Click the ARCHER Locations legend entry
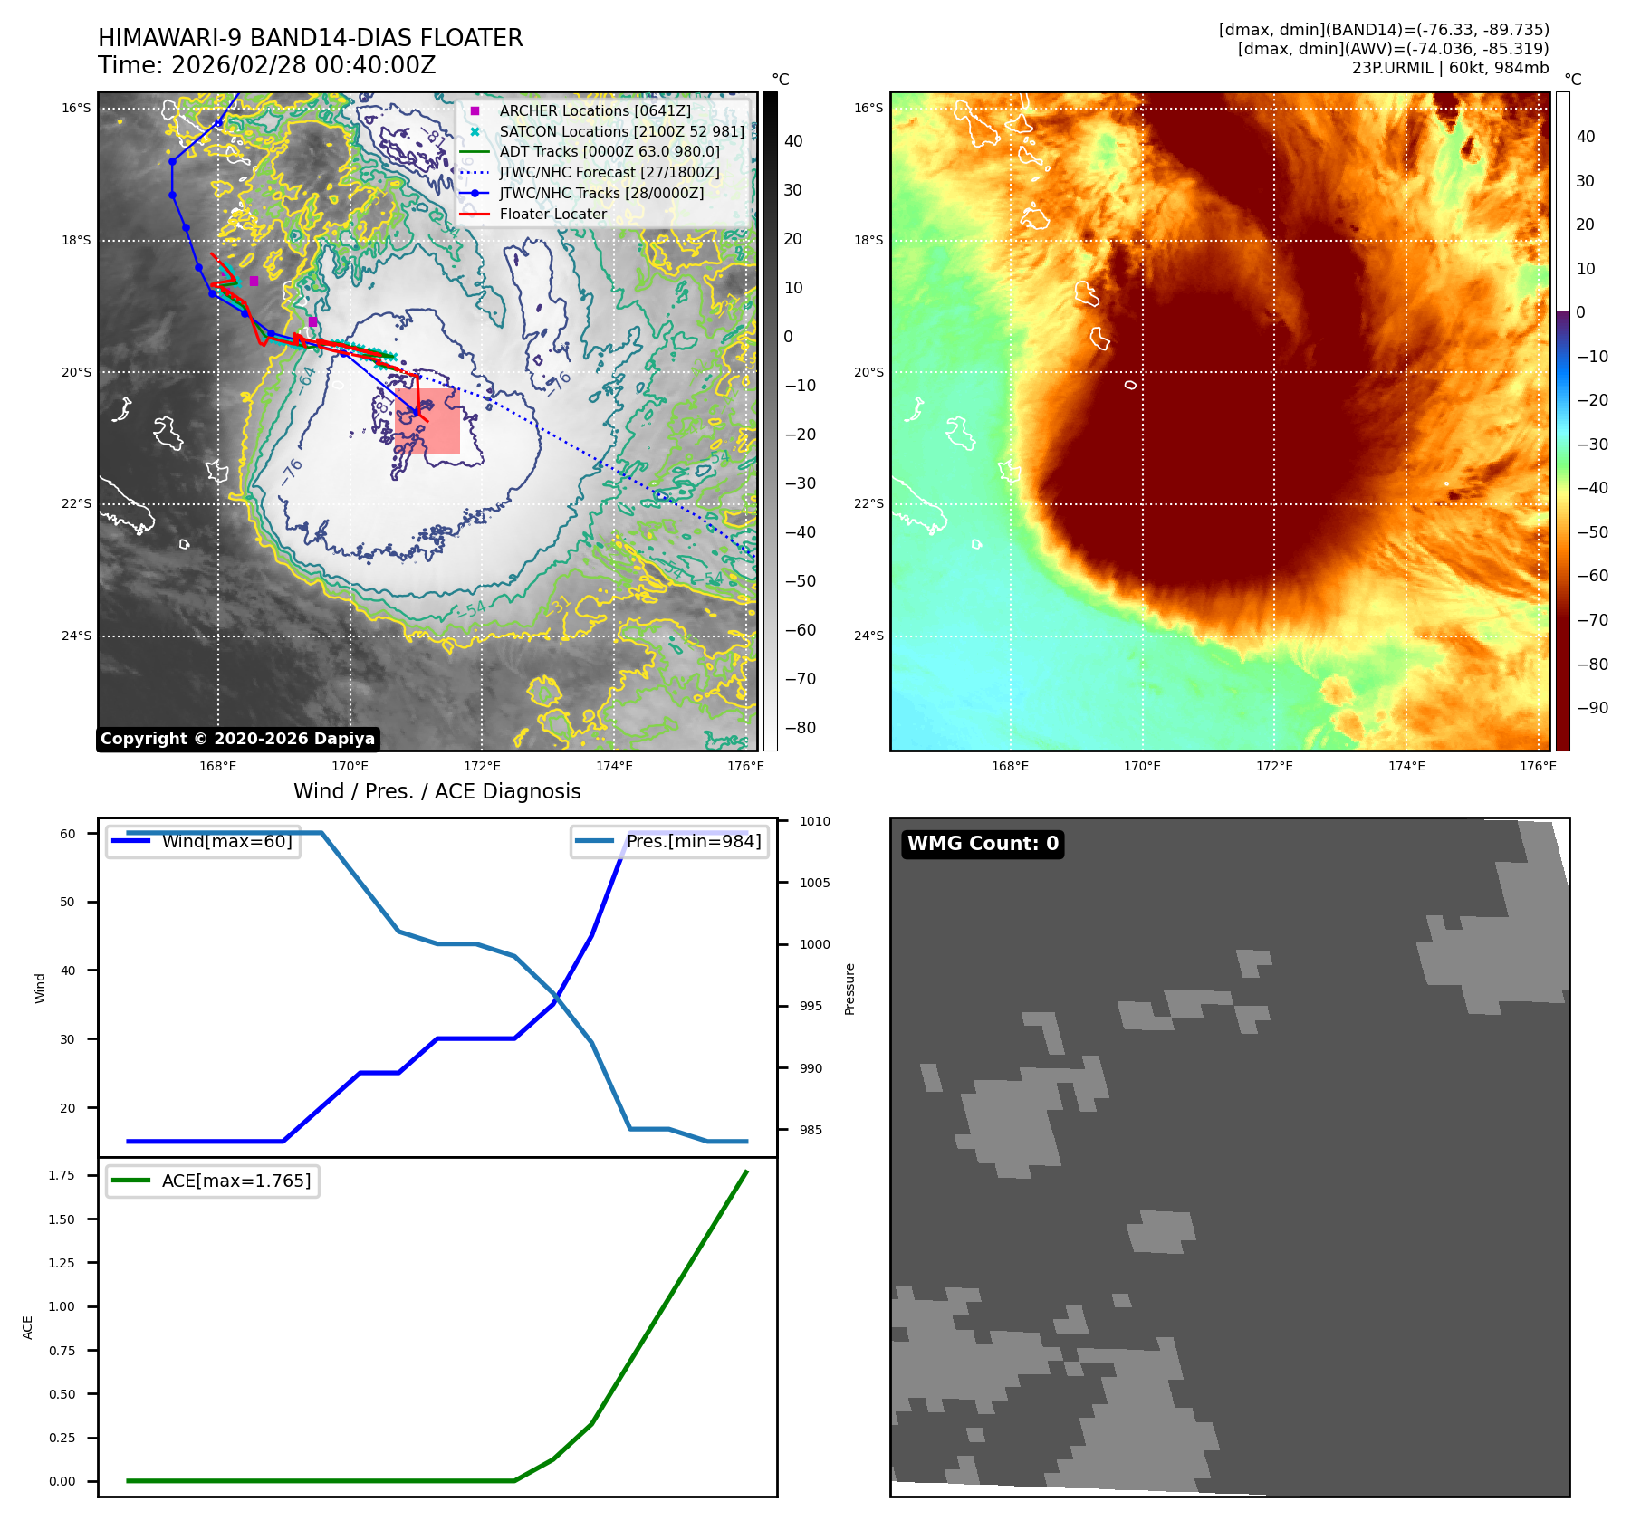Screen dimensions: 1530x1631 pyautogui.click(x=594, y=110)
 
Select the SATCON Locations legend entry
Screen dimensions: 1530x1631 pyautogui.click(x=621, y=131)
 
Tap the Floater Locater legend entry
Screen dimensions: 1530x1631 pyautogui.click(x=552, y=215)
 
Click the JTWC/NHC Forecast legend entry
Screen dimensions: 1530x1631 pyautogui.click(x=609, y=173)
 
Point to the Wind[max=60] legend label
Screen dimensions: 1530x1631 pyautogui.click(x=226, y=841)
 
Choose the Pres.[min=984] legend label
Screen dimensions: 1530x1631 pyautogui.click(x=693, y=841)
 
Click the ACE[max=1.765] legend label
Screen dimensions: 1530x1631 pyautogui.click(x=235, y=1181)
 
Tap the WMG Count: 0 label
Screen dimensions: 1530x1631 pyautogui.click(x=983, y=844)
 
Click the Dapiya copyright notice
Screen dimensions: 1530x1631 pyautogui.click(x=237, y=739)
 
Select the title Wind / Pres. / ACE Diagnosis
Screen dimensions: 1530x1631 pyautogui.click(x=437, y=791)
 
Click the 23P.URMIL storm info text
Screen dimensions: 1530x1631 pyautogui.click(x=1450, y=68)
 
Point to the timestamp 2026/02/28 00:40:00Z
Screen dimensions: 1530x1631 pyautogui.click(x=303, y=66)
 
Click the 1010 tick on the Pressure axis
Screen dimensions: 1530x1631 pyautogui.click(x=814, y=822)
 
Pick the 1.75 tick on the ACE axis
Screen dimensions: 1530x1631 pyautogui.click(x=62, y=1176)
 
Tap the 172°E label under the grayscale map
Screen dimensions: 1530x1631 pyautogui.click(x=482, y=767)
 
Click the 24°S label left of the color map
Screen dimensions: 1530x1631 pyautogui.click(x=868, y=636)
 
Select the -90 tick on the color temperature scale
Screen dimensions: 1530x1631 pyautogui.click(x=1592, y=708)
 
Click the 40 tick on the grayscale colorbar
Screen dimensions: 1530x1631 pyautogui.click(x=793, y=141)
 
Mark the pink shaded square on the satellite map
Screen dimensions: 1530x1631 pyautogui.click(x=427, y=422)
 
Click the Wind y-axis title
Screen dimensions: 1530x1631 pyautogui.click(x=40, y=988)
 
